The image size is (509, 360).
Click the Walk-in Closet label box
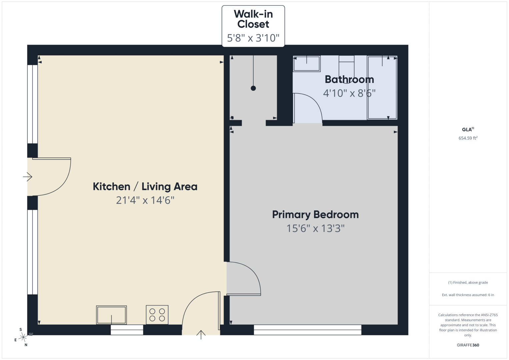[x=253, y=26]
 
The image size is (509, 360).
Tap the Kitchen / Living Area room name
[x=145, y=187]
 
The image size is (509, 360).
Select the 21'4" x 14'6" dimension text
[x=145, y=200]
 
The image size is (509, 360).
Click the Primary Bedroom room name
[x=315, y=215]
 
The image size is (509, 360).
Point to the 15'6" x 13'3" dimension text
[x=315, y=228]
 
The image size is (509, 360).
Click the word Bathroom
[x=349, y=79]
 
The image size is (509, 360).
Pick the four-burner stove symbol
[x=157, y=315]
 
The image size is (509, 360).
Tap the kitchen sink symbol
[x=111, y=315]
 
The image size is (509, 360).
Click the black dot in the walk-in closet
[x=253, y=88]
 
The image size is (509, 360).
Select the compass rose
[x=23, y=337]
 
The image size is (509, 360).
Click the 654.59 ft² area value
[x=468, y=138]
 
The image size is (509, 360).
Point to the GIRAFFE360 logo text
[x=468, y=345]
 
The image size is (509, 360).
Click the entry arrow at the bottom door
[x=201, y=335]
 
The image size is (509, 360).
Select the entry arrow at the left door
[x=27, y=177]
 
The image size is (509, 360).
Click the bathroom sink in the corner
[x=307, y=64]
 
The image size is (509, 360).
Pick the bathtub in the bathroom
[x=382, y=87]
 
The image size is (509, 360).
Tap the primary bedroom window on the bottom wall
[x=307, y=330]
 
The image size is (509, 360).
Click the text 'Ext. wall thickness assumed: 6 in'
[x=468, y=295]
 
